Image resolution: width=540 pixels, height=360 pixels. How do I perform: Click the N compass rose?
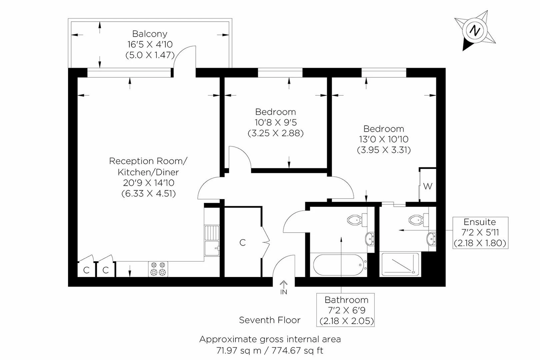(x=474, y=31)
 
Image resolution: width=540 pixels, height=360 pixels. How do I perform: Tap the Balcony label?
(x=150, y=34)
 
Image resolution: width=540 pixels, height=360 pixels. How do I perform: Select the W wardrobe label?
(x=428, y=186)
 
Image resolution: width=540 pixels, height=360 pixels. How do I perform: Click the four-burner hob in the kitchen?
(x=158, y=269)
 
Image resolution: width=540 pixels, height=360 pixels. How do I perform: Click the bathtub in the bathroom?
(x=339, y=265)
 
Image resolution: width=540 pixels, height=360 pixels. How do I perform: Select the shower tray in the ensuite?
(x=400, y=264)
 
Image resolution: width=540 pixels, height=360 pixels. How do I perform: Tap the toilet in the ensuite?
(x=417, y=220)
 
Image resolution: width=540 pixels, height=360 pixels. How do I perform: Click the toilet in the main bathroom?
(x=356, y=220)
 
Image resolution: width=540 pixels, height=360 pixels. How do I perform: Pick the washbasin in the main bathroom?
(x=370, y=239)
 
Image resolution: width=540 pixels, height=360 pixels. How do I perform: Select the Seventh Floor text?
(x=270, y=320)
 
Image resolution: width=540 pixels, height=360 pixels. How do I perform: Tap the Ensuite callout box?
(x=480, y=233)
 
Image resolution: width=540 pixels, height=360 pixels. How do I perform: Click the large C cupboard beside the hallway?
(x=243, y=243)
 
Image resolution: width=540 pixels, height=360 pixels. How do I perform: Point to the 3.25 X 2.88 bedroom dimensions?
(x=276, y=133)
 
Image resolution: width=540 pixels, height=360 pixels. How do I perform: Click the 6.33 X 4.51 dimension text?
(x=149, y=193)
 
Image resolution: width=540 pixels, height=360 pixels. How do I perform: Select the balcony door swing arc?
(x=183, y=57)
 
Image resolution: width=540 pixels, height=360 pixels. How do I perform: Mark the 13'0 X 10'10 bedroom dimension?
(x=384, y=139)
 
